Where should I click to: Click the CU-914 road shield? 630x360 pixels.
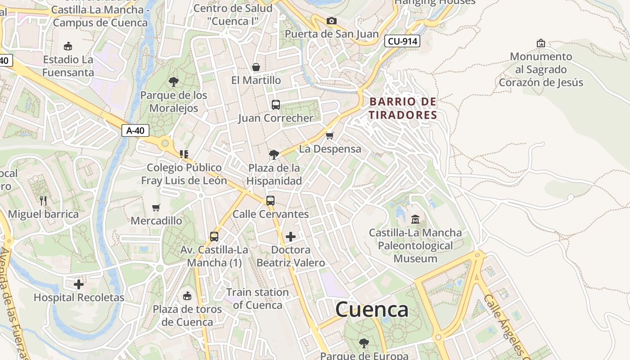(x=402, y=41)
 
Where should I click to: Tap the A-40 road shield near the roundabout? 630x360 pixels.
(x=135, y=130)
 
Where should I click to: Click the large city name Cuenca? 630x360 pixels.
(x=372, y=310)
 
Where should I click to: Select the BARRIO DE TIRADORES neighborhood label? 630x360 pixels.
(x=403, y=108)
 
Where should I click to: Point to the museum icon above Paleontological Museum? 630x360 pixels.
(x=415, y=220)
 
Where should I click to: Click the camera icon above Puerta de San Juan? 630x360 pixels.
(x=331, y=21)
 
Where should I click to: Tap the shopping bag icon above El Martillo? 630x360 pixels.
(x=256, y=67)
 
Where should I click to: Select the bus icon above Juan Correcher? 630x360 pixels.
(x=276, y=105)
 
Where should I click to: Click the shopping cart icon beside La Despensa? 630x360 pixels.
(x=330, y=135)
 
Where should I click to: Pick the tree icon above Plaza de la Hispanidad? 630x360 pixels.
(x=273, y=155)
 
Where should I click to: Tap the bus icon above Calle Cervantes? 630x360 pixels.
(x=270, y=201)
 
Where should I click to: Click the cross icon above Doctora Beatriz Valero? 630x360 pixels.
(x=291, y=236)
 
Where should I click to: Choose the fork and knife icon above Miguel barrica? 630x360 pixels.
(x=43, y=200)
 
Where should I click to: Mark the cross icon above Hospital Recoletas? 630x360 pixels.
(x=79, y=284)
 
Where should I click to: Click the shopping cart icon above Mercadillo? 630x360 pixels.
(x=156, y=207)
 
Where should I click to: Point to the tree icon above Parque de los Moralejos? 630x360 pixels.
(x=173, y=82)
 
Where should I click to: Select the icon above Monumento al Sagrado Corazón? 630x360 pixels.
(x=541, y=43)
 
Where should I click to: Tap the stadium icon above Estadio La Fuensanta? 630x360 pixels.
(x=68, y=46)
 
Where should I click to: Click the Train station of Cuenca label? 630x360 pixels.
(x=257, y=298)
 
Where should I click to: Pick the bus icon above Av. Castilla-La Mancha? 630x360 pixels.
(x=214, y=236)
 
